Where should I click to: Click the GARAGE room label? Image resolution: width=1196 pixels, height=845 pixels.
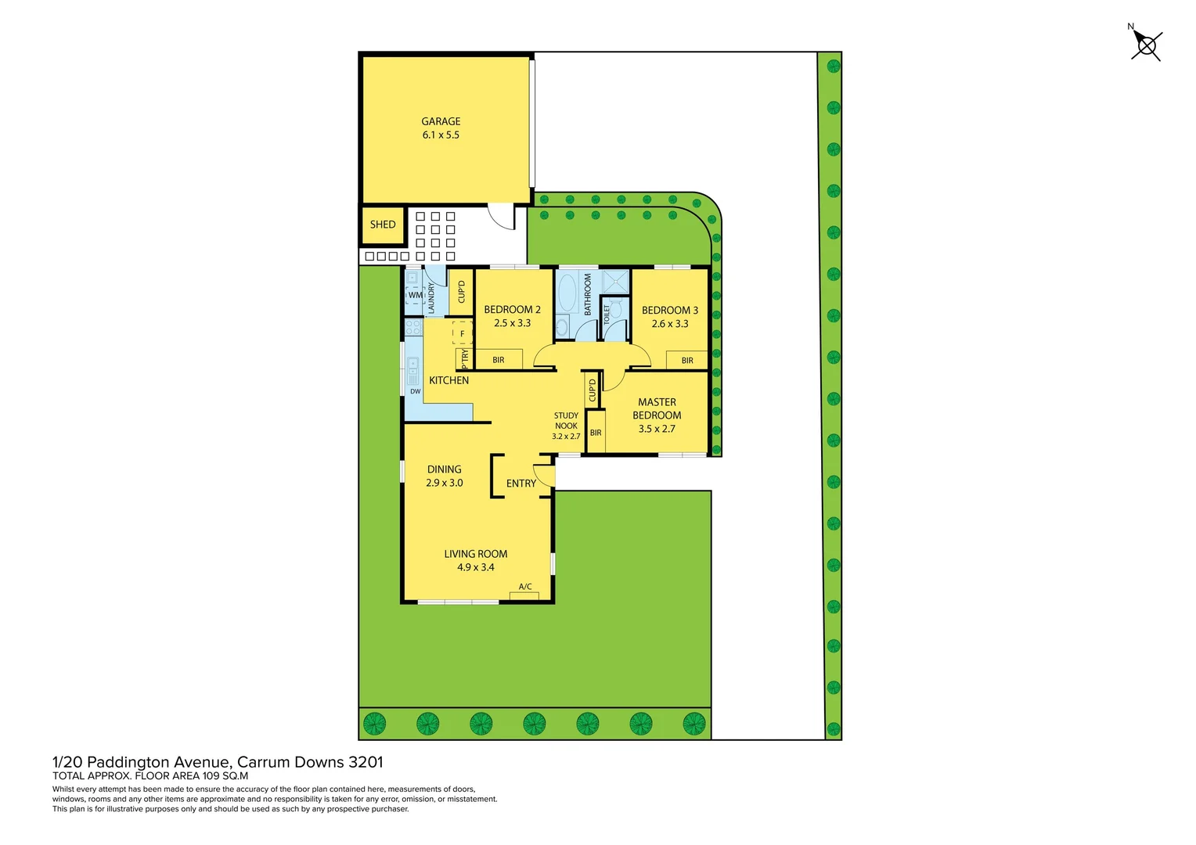coord(441,121)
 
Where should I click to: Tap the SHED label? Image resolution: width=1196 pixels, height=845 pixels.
coord(383,225)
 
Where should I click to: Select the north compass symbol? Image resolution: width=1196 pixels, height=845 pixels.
coord(1146,45)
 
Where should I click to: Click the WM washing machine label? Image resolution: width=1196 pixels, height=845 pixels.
coord(415,295)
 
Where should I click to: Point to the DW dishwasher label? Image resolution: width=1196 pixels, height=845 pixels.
coord(415,391)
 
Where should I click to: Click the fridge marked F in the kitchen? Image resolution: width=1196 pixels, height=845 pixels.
coord(462,333)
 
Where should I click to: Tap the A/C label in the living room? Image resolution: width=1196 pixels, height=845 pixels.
coord(525,587)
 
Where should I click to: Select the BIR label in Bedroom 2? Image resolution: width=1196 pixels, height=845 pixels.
coord(499,360)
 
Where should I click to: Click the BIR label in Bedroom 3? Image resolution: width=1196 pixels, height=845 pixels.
coord(687,361)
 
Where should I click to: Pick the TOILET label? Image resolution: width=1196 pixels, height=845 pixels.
coord(607,315)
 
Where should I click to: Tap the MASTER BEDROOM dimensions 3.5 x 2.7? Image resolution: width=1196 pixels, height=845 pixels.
coord(657,429)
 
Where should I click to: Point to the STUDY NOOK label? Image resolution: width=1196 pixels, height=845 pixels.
coord(566,421)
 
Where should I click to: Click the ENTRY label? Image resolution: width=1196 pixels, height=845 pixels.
coord(521,484)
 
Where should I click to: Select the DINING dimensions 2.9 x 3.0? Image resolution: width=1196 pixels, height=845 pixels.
coord(445,483)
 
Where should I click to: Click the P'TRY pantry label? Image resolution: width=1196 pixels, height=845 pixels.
coord(465,358)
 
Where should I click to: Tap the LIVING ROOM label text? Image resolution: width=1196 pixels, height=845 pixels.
coord(476,554)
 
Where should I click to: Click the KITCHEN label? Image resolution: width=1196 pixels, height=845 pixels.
coord(449,380)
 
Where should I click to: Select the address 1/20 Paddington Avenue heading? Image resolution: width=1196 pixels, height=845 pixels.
coord(218,762)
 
